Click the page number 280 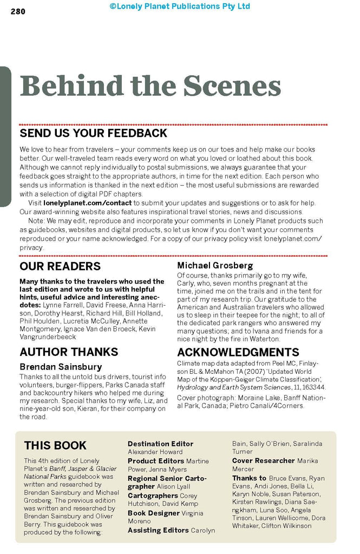[18, 12]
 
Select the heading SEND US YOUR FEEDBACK [94, 133]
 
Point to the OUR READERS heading [60, 266]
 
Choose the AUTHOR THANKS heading [69, 352]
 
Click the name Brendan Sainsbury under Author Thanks [61, 367]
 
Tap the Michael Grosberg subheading [215, 266]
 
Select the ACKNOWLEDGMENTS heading [238, 352]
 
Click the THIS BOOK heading [55, 445]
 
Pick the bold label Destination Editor [160, 444]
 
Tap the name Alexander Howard [155, 452]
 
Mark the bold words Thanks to [249, 478]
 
